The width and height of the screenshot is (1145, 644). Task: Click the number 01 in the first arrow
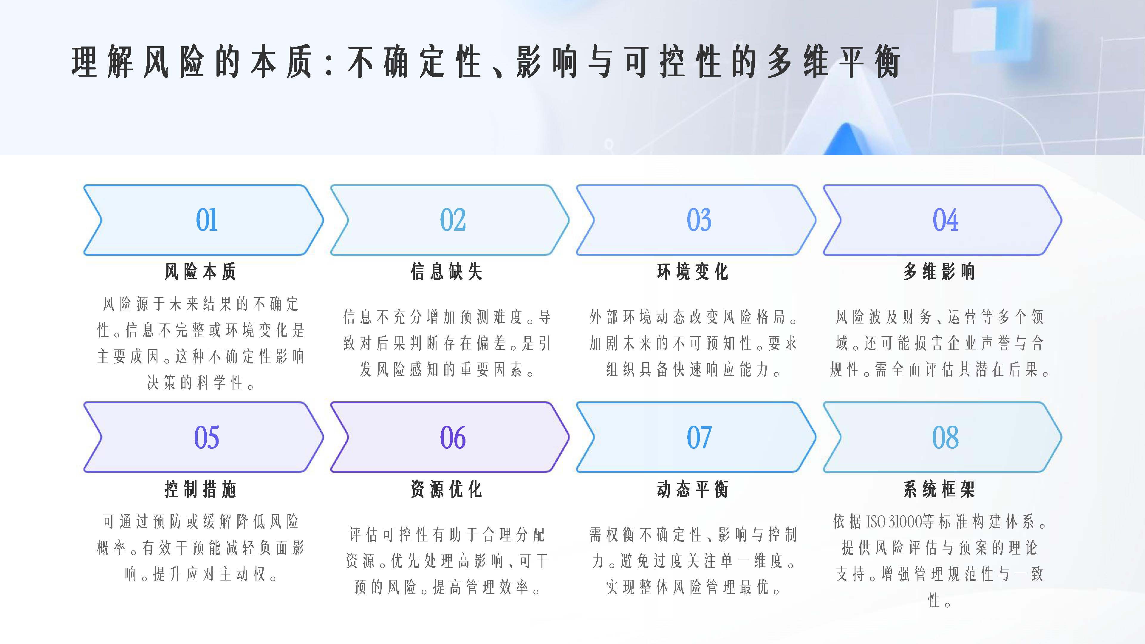click(x=207, y=220)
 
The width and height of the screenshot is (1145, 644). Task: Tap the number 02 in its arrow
click(x=453, y=220)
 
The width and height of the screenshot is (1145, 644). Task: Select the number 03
click(x=699, y=220)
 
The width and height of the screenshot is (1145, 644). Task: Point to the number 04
click(x=945, y=220)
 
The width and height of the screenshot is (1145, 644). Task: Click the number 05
click(x=207, y=437)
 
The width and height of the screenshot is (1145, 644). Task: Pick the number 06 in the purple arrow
click(x=453, y=437)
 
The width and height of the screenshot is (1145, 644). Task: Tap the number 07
click(x=699, y=437)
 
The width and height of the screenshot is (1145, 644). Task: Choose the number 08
click(x=945, y=437)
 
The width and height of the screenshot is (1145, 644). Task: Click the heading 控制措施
click(x=200, y=489)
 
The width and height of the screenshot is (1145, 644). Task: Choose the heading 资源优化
click(x=447, y=489)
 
